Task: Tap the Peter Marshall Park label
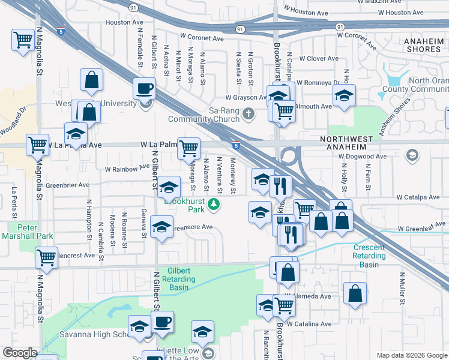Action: (x=35, y=232)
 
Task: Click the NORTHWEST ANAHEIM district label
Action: (x=354, y=139)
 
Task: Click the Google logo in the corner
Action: (x=20, y=353)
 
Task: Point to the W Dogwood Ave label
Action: (x=363, y=157)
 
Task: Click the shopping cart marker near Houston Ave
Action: (x=23, y=40)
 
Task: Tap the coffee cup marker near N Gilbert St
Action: (x=144, y=89)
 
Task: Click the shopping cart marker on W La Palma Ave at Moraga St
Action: (x=189, y=146)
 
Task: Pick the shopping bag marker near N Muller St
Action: (x=355, y=293)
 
